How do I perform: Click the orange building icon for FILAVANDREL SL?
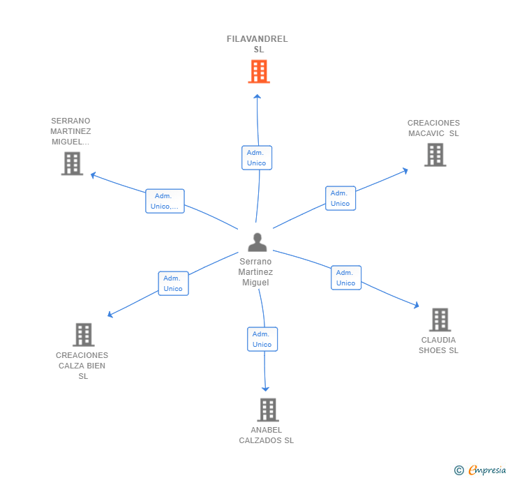(259, 71)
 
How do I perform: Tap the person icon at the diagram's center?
(257, 242)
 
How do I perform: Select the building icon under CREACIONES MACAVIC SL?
(435, 155)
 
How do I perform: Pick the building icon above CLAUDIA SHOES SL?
(440, 320)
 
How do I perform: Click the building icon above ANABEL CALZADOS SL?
(268, 410)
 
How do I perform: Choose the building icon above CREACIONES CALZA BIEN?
(84, 334)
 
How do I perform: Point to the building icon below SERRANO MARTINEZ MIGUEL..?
(72, 164)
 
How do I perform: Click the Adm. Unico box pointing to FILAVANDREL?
(257, 158)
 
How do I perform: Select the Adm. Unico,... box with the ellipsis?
(165, 201)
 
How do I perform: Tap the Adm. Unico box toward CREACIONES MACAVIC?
(341, 198)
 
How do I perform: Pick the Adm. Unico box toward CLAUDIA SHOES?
(346, 278)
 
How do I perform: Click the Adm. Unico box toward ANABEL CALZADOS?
(262, 339)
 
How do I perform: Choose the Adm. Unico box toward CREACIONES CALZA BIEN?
(173, 283)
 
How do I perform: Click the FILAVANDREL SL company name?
(257, 44)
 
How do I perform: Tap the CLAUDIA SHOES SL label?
(438, 345)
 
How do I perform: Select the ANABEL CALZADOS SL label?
(267, 435)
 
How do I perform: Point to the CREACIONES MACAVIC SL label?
(433, 128)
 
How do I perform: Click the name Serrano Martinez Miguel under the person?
(255, 272)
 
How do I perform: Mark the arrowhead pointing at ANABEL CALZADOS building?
(265, 389)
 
